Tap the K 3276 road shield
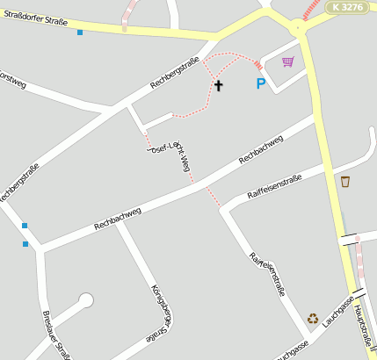click(346, 7)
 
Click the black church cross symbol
click(218, 85)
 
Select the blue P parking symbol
click(260, 84)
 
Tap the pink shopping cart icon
click(287, 61)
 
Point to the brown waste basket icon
click(345, 182)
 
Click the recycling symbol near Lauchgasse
click(313, 319)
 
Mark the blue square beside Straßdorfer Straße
click(80, 32)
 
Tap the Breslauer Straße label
click(56, 335)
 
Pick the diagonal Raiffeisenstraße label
click(266, 274)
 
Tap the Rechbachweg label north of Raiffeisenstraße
click(260, 149)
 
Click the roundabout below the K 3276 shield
click(299, 28)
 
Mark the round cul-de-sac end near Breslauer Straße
click(85, 300)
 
